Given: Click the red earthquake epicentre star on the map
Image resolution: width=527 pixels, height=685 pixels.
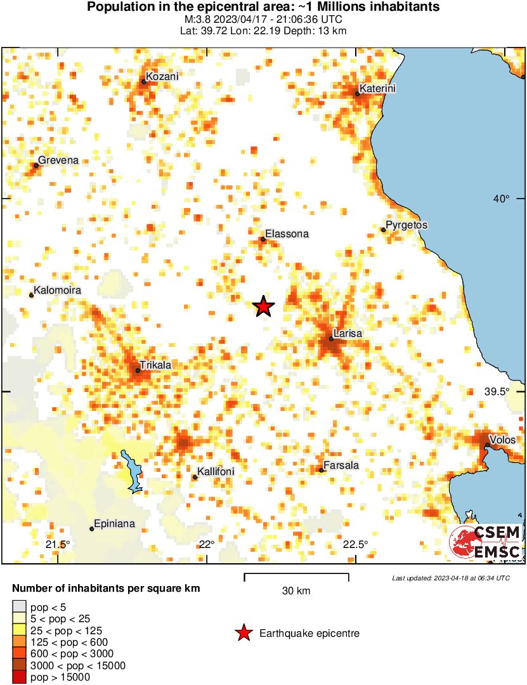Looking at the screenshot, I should point(264,307).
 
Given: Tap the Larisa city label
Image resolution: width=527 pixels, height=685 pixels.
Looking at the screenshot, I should point(348,333).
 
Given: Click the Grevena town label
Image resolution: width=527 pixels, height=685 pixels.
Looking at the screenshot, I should point(58,160).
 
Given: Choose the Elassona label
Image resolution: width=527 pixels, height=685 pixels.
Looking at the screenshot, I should point(287,234).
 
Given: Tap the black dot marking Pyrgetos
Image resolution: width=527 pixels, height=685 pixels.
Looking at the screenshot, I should point(384,230).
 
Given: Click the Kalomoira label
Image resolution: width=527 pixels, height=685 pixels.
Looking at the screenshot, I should point(58,290).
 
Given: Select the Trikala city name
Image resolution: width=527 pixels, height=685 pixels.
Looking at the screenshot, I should point(155,365).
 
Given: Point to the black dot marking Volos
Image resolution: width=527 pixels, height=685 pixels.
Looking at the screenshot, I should point(486,445).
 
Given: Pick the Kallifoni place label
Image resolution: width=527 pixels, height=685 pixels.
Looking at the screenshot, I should point(216,472).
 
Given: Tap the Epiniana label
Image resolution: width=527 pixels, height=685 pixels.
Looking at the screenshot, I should point(114,525).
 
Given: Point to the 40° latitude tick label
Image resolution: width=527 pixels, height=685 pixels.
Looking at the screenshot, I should point(502,199).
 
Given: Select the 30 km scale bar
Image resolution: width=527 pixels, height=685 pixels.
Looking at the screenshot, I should point(296,577).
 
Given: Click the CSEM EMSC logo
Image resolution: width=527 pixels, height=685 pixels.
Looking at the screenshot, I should point(486,542).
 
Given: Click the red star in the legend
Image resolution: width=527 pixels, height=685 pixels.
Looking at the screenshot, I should point(244,633).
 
